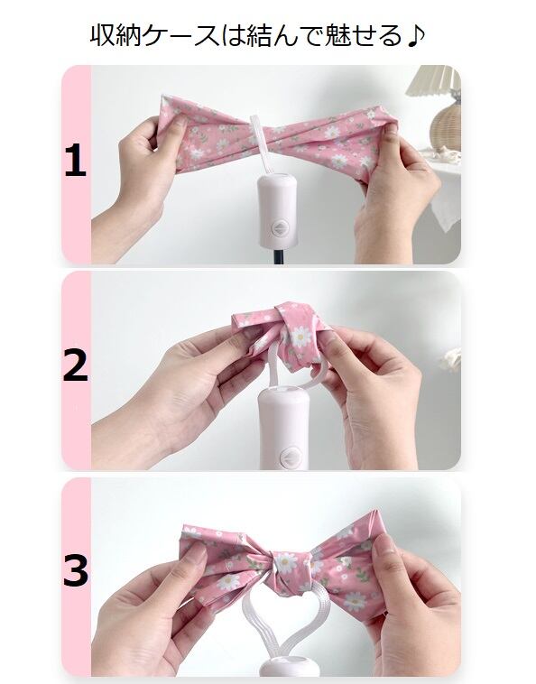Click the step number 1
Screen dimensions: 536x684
(x=76, y=161)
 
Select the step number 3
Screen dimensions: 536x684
(x=76, y=570)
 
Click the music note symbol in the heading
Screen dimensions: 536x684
(x=415, y=36)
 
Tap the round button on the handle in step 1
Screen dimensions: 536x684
(x=277, y=227)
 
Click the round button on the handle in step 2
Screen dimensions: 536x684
(x=289, y=458)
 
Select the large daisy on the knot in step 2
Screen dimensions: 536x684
(x=300, y=337)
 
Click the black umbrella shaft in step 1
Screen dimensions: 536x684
(x=277, y=255)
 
